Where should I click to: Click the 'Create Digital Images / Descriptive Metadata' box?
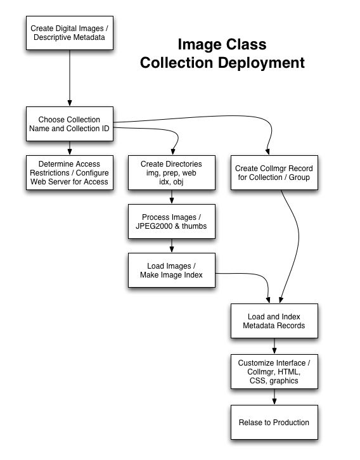[70, 33]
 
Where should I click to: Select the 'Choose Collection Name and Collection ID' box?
[70, 124]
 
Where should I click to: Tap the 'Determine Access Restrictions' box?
[70, 172]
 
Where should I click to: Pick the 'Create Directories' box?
[172, 172]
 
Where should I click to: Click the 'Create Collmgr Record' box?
[274, 172]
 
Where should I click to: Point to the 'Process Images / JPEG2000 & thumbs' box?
[172, 222]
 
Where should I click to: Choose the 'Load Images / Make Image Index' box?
[172, 270]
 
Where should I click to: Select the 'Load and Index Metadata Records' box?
[274, 321]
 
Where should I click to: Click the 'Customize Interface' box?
[274, 372]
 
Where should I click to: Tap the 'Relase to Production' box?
[274, 423]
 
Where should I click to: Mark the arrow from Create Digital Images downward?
[70, 78]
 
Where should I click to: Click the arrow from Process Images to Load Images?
[172, 246]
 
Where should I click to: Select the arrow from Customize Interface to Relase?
[274, 397]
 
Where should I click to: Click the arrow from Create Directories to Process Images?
[172, 196]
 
